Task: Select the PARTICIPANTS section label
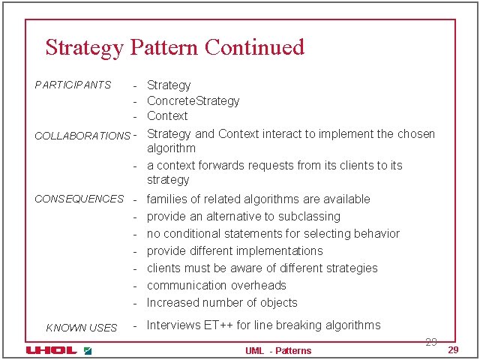click(x=73, y=85)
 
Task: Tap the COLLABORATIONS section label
click(x=82, y=136)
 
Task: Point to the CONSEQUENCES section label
click(x=79, y=199)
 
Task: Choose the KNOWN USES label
click(x=81, y=328)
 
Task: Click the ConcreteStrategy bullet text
click(x=193, y=100)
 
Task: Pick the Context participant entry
click(x=167, y=115)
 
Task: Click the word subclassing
click(x=310, y=216)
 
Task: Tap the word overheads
click(x=259, y=285)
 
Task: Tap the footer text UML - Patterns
click(x=277, y=350)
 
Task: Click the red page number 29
click(x=452, y=350)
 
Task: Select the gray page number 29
click(x=430, y=342)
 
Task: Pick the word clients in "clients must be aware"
click(x=165, y=268)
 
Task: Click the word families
click(x=168, y=199)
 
